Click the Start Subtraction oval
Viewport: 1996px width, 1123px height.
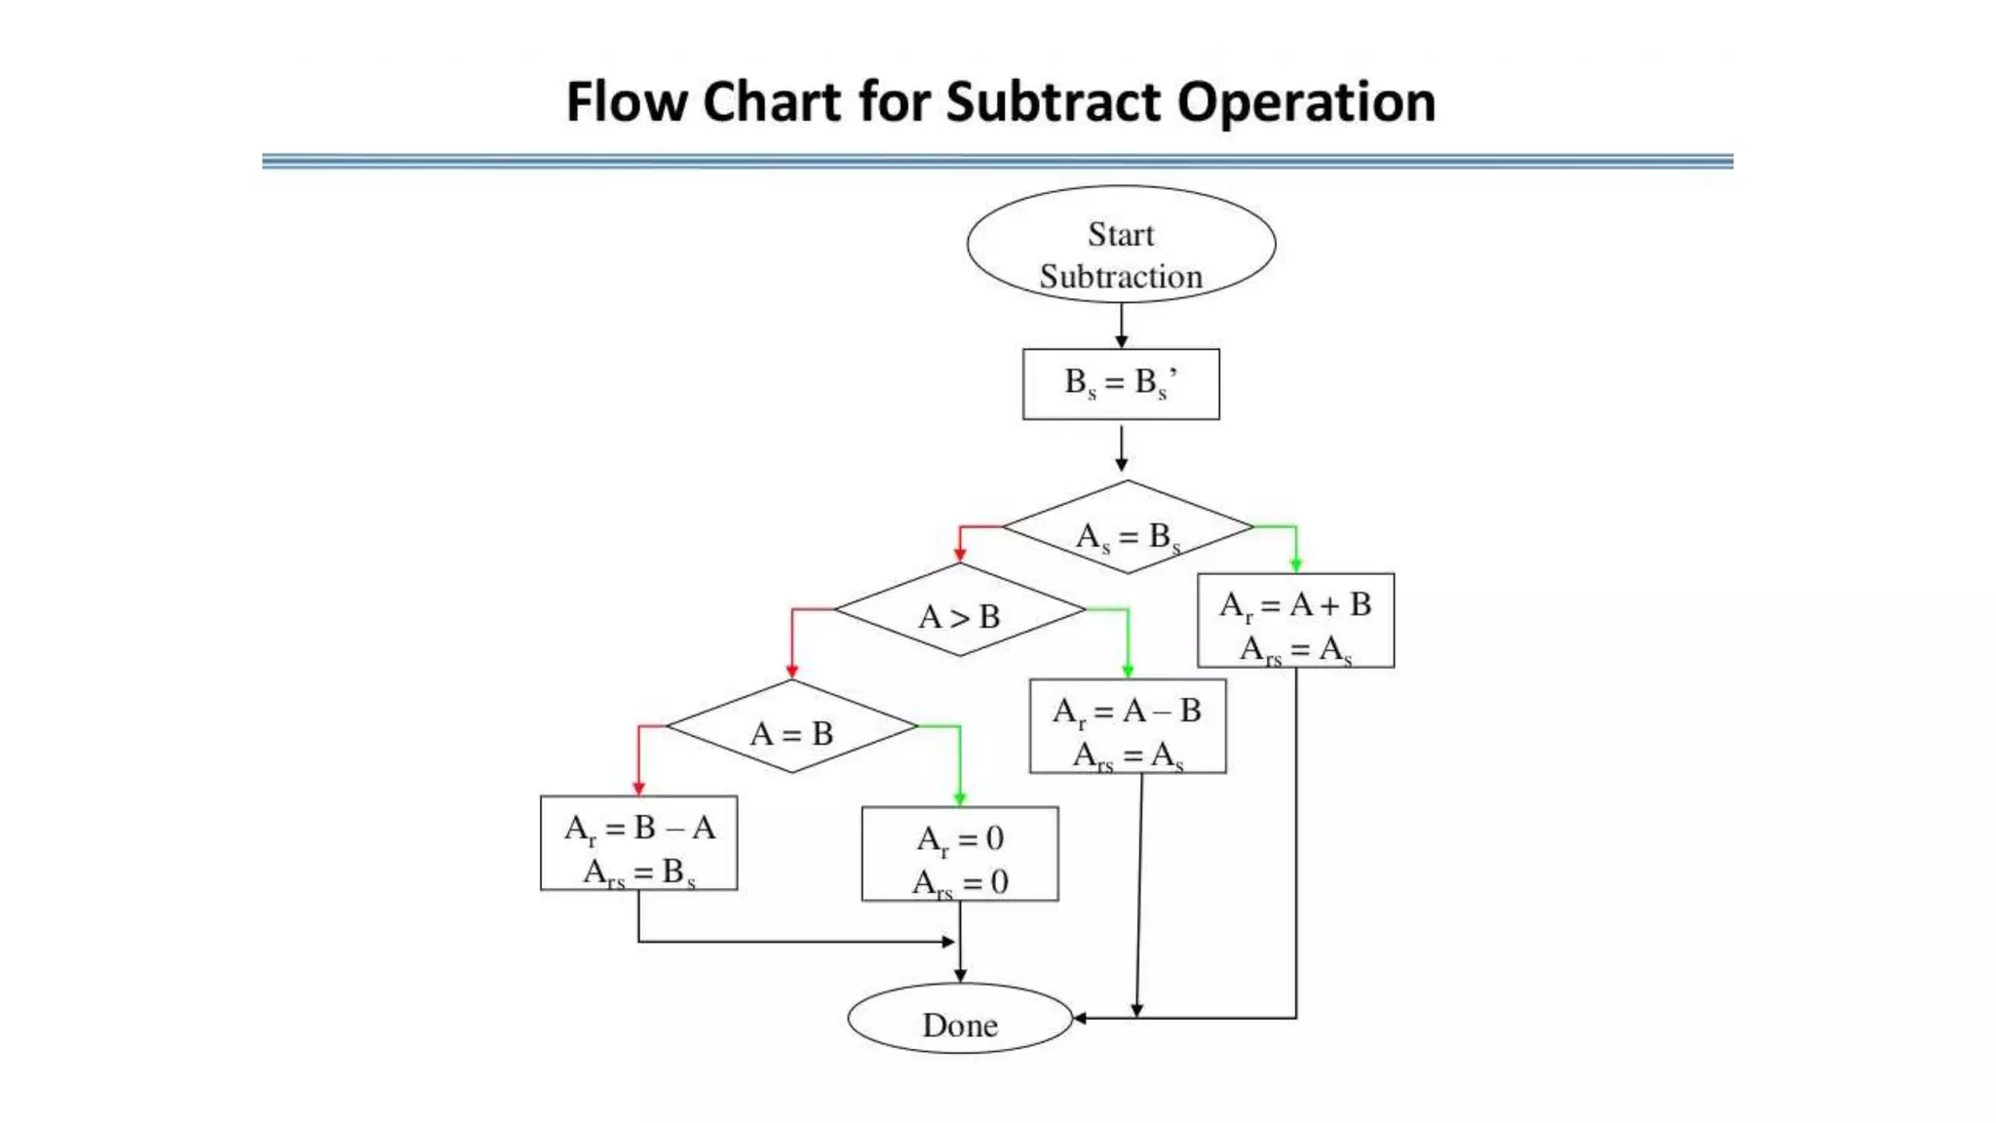coord(1121,245)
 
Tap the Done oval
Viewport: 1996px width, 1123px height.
coord(960,1019)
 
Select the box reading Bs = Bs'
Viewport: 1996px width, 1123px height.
coord(1121,384)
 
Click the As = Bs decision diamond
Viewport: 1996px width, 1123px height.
coord(1128,527)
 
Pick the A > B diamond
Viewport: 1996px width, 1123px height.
coord(960,610)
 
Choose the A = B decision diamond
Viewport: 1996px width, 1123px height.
coord(791,727)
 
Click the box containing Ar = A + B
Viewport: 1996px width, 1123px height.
coord(1295,621)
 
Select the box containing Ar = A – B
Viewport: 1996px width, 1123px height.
coord(1128,727)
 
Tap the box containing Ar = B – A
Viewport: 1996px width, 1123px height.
coord(638,843)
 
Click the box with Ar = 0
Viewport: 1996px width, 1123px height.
coord(960,854)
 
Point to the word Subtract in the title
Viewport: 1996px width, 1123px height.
coord(1053,102)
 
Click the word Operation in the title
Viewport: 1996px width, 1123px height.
coord(1306,102)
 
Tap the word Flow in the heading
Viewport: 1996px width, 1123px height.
coord(627,102)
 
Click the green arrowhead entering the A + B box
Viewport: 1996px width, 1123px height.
coord(1295,564)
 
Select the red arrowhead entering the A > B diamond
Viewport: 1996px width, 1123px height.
coord(960,555)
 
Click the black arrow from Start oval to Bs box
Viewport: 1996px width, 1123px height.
coord(1121,327)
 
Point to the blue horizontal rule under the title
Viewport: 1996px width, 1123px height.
coord(997,161)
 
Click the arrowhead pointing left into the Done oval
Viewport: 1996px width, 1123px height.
coord(1080,1019)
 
